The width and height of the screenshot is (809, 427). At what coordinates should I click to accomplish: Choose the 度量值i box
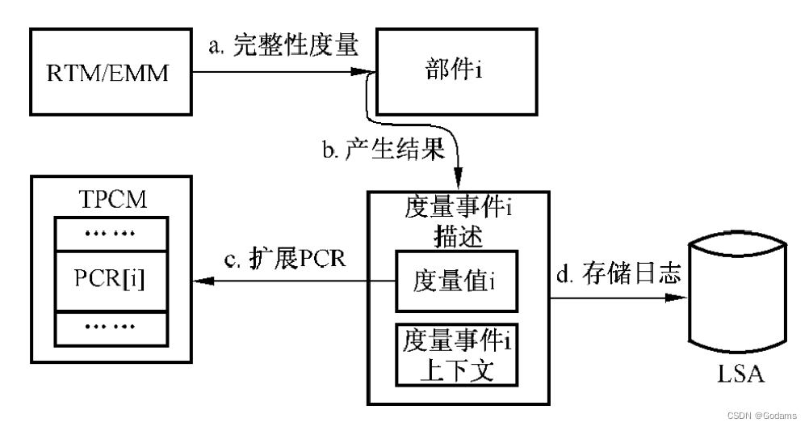pos(455,281)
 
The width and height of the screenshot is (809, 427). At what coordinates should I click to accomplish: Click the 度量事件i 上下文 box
pos(455,354)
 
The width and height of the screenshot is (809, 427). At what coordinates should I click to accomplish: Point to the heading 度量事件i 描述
pos(457,219)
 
